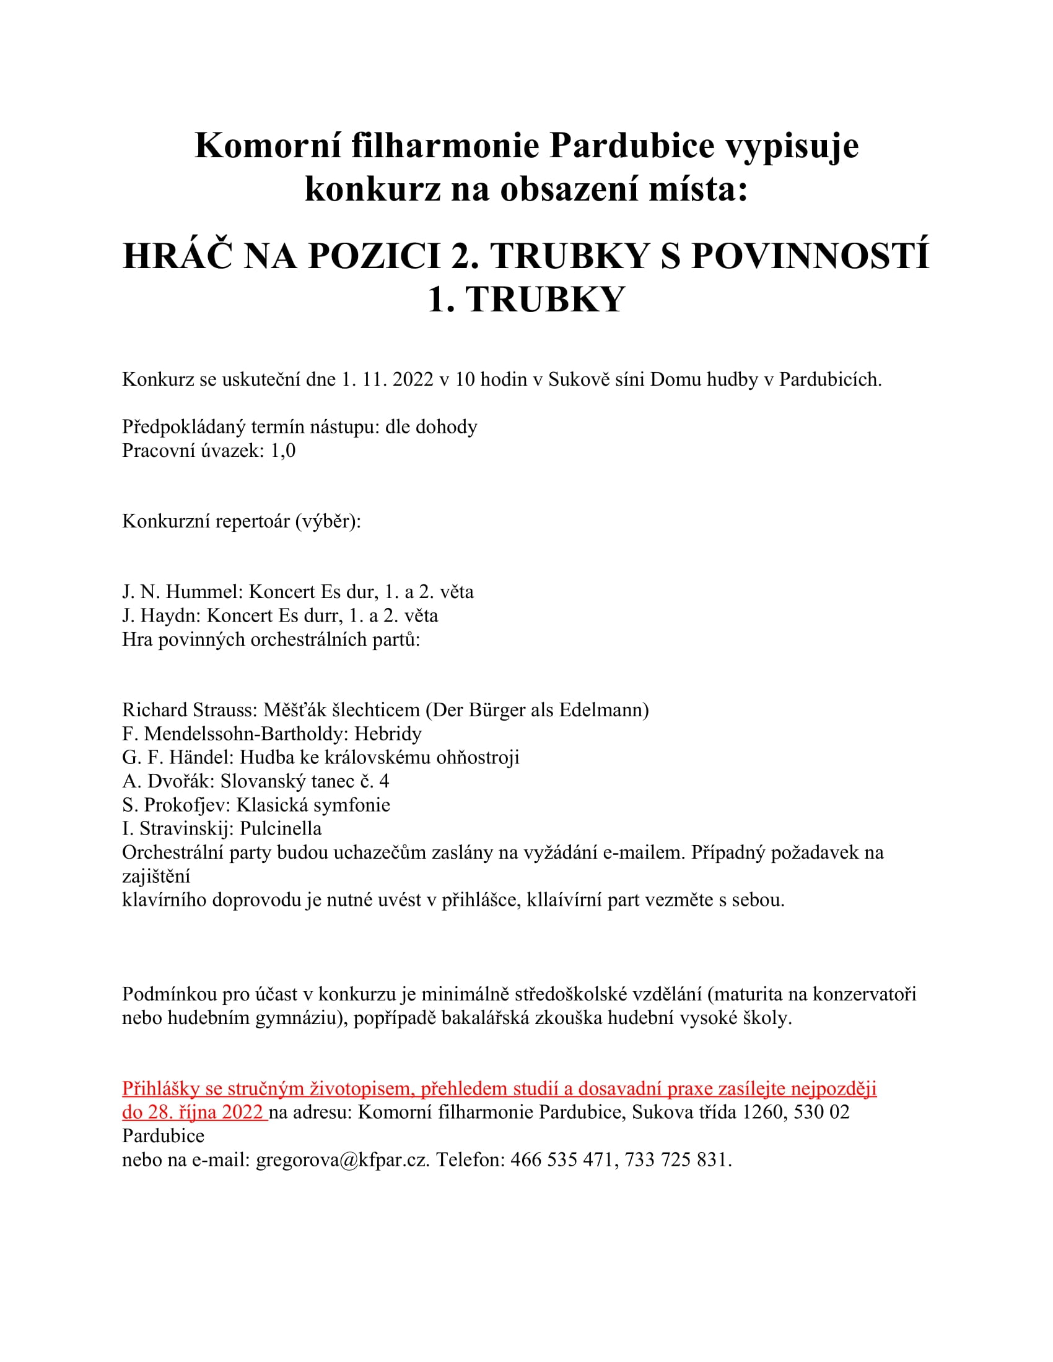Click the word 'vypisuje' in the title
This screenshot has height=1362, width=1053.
pos(792,146)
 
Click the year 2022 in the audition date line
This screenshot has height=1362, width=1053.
pos(413,379)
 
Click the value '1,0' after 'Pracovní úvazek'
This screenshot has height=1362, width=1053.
pos(282,450)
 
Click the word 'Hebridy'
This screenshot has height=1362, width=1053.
pos(388,734)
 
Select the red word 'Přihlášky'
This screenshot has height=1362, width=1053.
pos(160,1089)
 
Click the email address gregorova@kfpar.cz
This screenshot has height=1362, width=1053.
pos(343,1160)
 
